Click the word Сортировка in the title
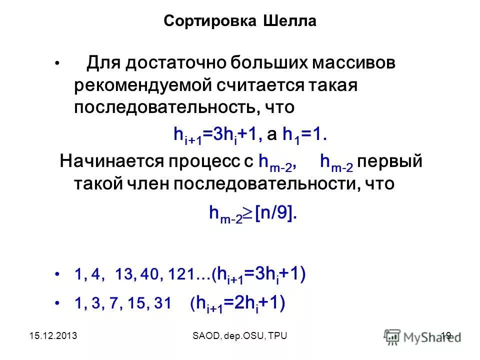[x=209, y=22]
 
